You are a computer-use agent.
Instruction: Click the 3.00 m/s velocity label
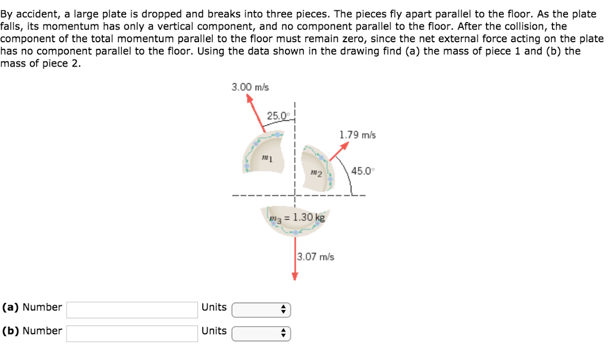(250, 87)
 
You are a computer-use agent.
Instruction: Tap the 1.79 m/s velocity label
(357, 135)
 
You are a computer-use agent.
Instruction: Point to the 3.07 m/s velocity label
(315, 257)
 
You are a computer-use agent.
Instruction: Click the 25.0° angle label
(277, 115)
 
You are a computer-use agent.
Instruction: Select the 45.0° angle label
(363, 171)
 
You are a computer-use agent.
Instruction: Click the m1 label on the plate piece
(266, 159)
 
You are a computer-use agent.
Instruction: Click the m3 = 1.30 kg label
(297, 217)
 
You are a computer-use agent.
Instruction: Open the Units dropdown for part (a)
(260, 309)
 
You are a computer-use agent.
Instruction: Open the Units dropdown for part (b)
(260, 333)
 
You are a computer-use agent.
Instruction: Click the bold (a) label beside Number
(11, 308)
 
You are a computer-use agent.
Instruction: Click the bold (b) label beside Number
(11, 331)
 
